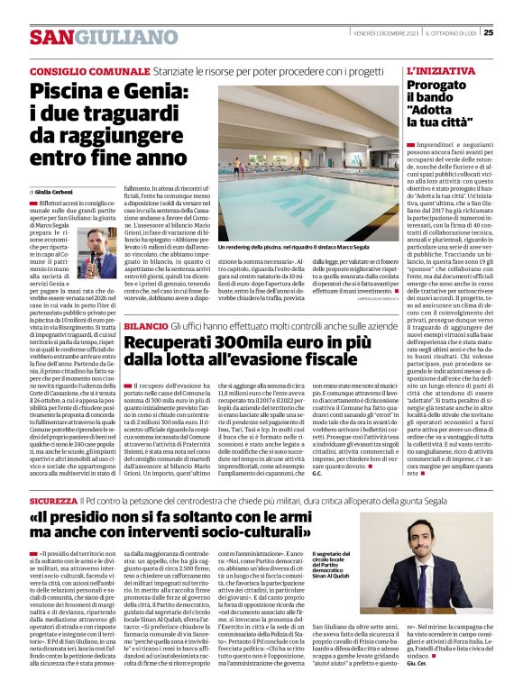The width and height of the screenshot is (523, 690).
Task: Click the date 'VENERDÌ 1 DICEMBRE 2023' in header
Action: tap(370, 32)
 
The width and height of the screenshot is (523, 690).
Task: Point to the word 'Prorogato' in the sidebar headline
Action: tap(441, 85)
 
